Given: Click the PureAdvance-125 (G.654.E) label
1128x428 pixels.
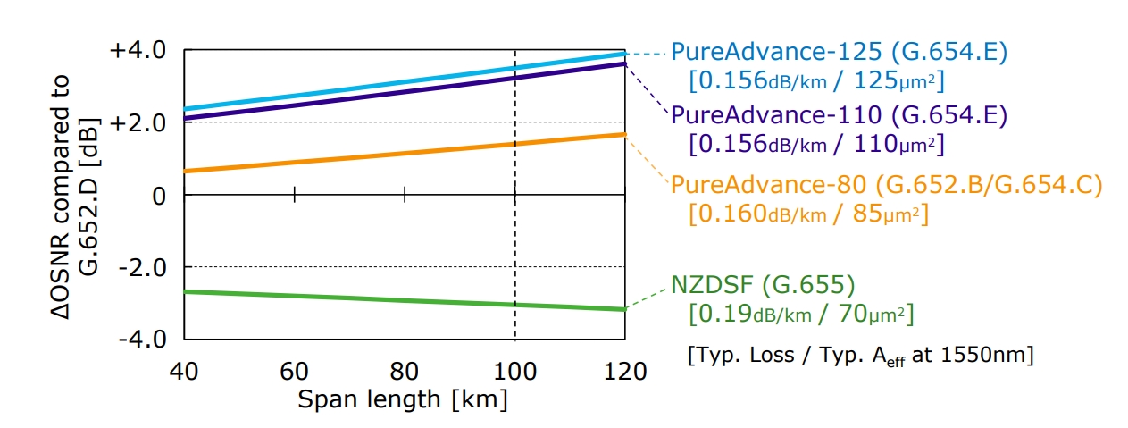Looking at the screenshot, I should [x=839, y=52].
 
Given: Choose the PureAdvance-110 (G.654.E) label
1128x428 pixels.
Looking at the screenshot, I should [x=839, y=115].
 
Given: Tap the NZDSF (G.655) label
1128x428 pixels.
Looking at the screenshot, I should [x=763, y=286].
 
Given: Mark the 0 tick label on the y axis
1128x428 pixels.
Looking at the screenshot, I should [x=160, y=195].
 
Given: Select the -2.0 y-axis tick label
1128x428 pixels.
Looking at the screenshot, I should [x=140, y=267].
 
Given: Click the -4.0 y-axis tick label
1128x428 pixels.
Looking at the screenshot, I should [x=140, y=340].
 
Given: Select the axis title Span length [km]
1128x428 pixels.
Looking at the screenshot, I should [x=403, y=399].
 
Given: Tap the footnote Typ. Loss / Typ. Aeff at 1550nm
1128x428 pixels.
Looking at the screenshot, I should [x=861, y=356].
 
